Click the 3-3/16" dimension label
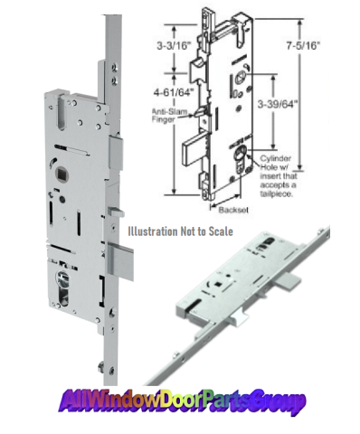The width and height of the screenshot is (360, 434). (x=174, y=46)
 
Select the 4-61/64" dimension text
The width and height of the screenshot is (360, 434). (x=173, y=92)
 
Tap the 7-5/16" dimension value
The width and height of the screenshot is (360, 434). (x=303, y=45)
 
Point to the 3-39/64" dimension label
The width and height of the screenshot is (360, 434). (x=278, y=104)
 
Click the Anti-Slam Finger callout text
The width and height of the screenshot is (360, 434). (x=169, y=115)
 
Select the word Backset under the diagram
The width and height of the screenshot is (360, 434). (x=233, y=210)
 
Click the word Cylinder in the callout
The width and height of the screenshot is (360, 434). (x=276, y=158)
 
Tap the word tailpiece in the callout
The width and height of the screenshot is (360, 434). (x=277, y=193)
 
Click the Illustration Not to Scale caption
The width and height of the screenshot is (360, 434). (x=180, y=231)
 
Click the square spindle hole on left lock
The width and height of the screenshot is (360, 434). (x=59, y=174)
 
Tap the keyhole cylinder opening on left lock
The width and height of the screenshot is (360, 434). (x=62, y=288)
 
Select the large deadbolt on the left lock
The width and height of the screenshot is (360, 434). (x=121, y=261)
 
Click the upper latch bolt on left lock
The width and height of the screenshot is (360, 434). (x=116, y=153)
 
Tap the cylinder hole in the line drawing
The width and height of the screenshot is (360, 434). (x=241, y=161)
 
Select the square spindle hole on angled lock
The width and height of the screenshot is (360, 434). (x=218, y=284)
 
